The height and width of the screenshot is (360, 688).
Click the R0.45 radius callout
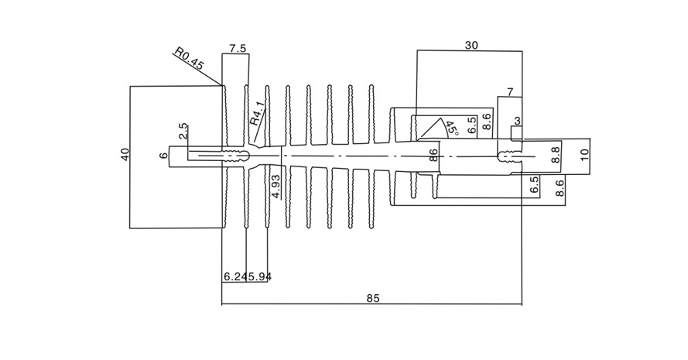pyautogui.click(x=189, y=58)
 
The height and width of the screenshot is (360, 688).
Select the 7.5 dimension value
pyautogui.click(x=238, y=48)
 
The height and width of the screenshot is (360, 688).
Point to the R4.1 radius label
pyautogui.click(x=258, y=113)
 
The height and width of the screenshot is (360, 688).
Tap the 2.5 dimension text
pyautogui.click(x=183, y=132)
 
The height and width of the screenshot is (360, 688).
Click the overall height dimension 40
pyautogui.click(x=125, y=155)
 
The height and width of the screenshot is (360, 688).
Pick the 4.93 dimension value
pyautogui.click(x=276, y=187)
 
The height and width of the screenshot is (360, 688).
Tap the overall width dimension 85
pyautogui.click(x=372, y=299)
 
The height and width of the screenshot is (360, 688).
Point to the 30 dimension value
pyautogui.click(x=471, y=45)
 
